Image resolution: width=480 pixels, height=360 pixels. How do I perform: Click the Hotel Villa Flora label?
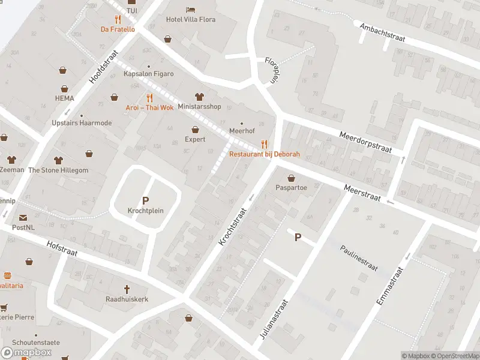click(190, 19)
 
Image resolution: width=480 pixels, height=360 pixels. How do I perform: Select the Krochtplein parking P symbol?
click(145, 200)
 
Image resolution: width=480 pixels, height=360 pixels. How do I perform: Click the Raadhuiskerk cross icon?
click(127, 289)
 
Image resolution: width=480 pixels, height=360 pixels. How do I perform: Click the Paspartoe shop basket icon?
click(292, 178)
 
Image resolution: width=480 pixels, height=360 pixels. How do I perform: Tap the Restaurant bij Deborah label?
click(265, 154)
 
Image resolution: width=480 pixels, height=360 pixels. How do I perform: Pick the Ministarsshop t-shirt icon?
click(199, 97)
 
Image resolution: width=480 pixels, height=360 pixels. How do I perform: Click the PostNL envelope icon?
click(23, 218)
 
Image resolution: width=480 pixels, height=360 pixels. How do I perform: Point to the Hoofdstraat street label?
click(100, 71)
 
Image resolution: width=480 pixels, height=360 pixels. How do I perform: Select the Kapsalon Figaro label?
click(148, 74)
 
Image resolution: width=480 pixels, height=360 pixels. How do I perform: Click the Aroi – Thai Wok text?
click(149, 107)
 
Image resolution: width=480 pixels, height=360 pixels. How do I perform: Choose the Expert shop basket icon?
click(195, 129)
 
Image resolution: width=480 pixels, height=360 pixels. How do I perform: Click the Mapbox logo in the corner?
click(26, 352)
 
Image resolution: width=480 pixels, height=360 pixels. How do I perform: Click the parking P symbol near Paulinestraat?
click(298, 238)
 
